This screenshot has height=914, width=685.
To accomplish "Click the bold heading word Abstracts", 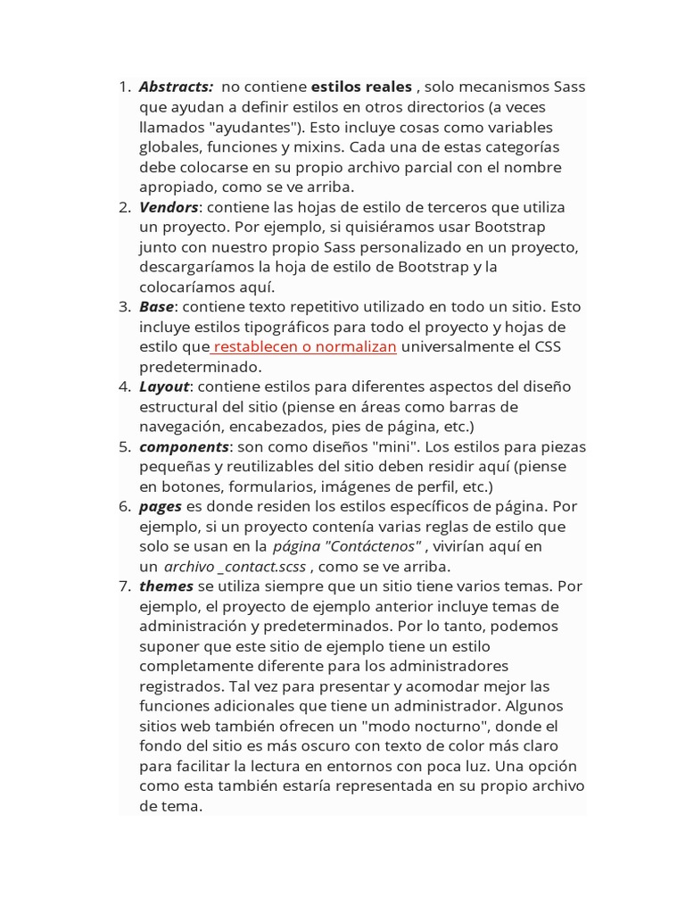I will [176, 87].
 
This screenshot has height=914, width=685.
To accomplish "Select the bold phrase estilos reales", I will [361, 87].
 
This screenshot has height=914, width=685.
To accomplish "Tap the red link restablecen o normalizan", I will [303, 346].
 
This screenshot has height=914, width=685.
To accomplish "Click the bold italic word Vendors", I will [169, 207].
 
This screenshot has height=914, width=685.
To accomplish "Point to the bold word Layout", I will [164, 386].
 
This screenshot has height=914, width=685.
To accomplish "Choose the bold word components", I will [184, 446].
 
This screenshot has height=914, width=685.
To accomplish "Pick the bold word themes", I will [166, 586].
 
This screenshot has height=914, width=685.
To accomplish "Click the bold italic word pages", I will [161, 507].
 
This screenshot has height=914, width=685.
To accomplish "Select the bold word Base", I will [156, 307].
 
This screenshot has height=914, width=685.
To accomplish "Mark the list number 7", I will [125, 586].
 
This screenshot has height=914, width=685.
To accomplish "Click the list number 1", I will [125, 87].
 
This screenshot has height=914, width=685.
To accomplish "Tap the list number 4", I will [125, 386].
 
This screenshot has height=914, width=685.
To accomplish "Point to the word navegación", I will [181, 427].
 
